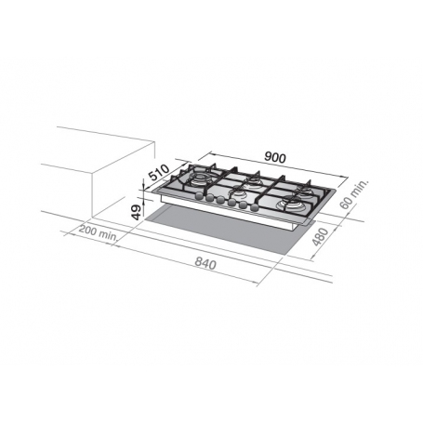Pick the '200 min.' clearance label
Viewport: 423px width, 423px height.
pos(97,233)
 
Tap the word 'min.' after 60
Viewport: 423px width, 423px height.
pos(363,189)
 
